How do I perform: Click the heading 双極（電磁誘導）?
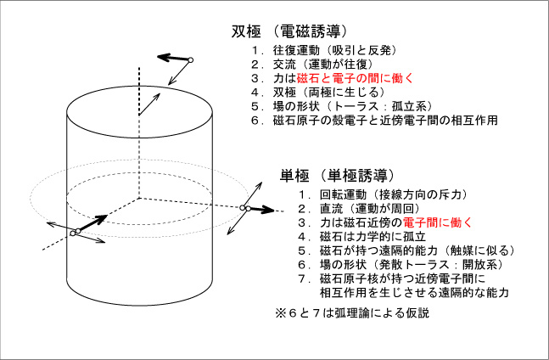point(289,32)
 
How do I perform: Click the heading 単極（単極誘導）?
point(337,176)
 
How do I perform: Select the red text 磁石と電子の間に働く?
point(355,78)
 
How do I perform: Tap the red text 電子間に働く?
point(438,222)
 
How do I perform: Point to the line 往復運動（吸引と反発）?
point(335,50)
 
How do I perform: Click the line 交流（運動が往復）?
point(323,65)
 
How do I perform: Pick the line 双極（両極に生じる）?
point(329,92)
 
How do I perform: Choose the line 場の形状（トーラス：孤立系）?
point(353,106)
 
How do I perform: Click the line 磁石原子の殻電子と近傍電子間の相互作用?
point(385,120)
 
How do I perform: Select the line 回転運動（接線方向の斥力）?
point(394,194)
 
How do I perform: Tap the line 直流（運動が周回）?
point(370,208)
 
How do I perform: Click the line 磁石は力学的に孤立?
point(373,236)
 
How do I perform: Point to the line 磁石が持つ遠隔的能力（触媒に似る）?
point(417,250)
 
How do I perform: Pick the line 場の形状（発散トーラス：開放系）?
point(412,264)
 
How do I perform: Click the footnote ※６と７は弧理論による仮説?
point(352,312)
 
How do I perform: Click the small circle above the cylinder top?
point(190,60)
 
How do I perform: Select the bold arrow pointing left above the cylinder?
point(172,58)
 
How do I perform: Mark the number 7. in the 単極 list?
point(304,278)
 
